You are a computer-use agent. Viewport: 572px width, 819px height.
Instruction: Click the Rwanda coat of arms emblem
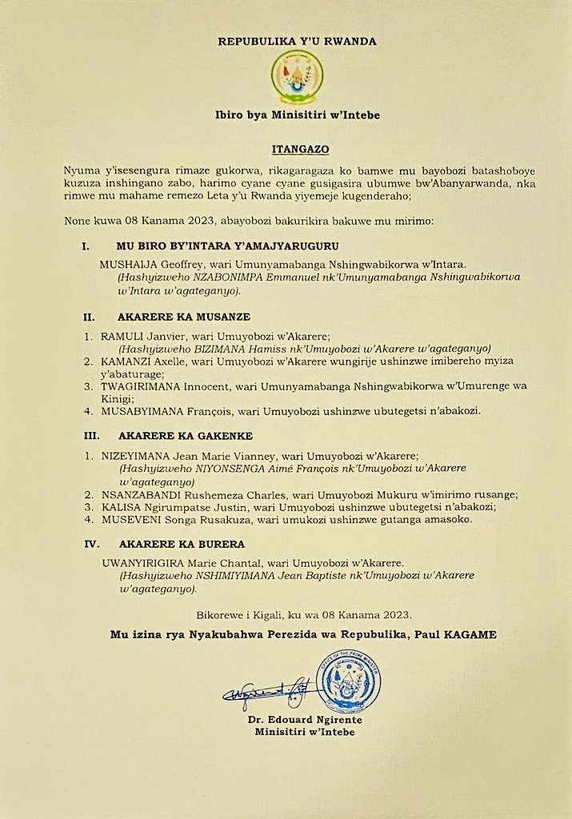click(297, 78)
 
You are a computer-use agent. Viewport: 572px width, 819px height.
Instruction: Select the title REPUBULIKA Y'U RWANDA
click(296, 41)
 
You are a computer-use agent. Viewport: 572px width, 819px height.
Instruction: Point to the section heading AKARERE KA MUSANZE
click(184, 317)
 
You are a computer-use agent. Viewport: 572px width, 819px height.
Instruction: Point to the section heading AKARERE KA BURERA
click(181, 544)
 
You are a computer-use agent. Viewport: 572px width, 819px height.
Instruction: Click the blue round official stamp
click(349, 681)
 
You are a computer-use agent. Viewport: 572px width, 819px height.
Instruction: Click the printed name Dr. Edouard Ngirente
click(300, 720)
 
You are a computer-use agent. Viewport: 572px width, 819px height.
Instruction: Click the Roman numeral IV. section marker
click(90, 544)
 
